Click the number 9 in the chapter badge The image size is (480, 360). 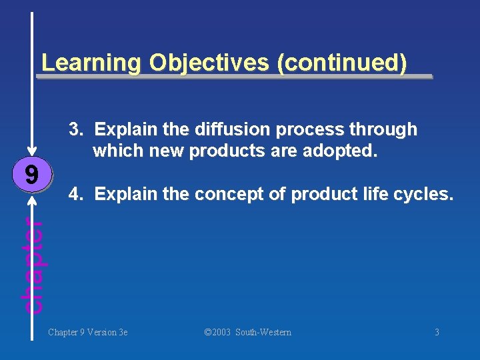[x=31, y=175]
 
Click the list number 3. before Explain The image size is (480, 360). [x=77, y=129]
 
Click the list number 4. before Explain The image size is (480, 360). [x=77, y=194]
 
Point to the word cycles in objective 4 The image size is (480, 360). [x=426, y=195]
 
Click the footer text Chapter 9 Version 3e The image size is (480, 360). [x=87, y=332]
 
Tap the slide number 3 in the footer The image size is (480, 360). [x=437, y=332]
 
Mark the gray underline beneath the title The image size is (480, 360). [x=233, y=77]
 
